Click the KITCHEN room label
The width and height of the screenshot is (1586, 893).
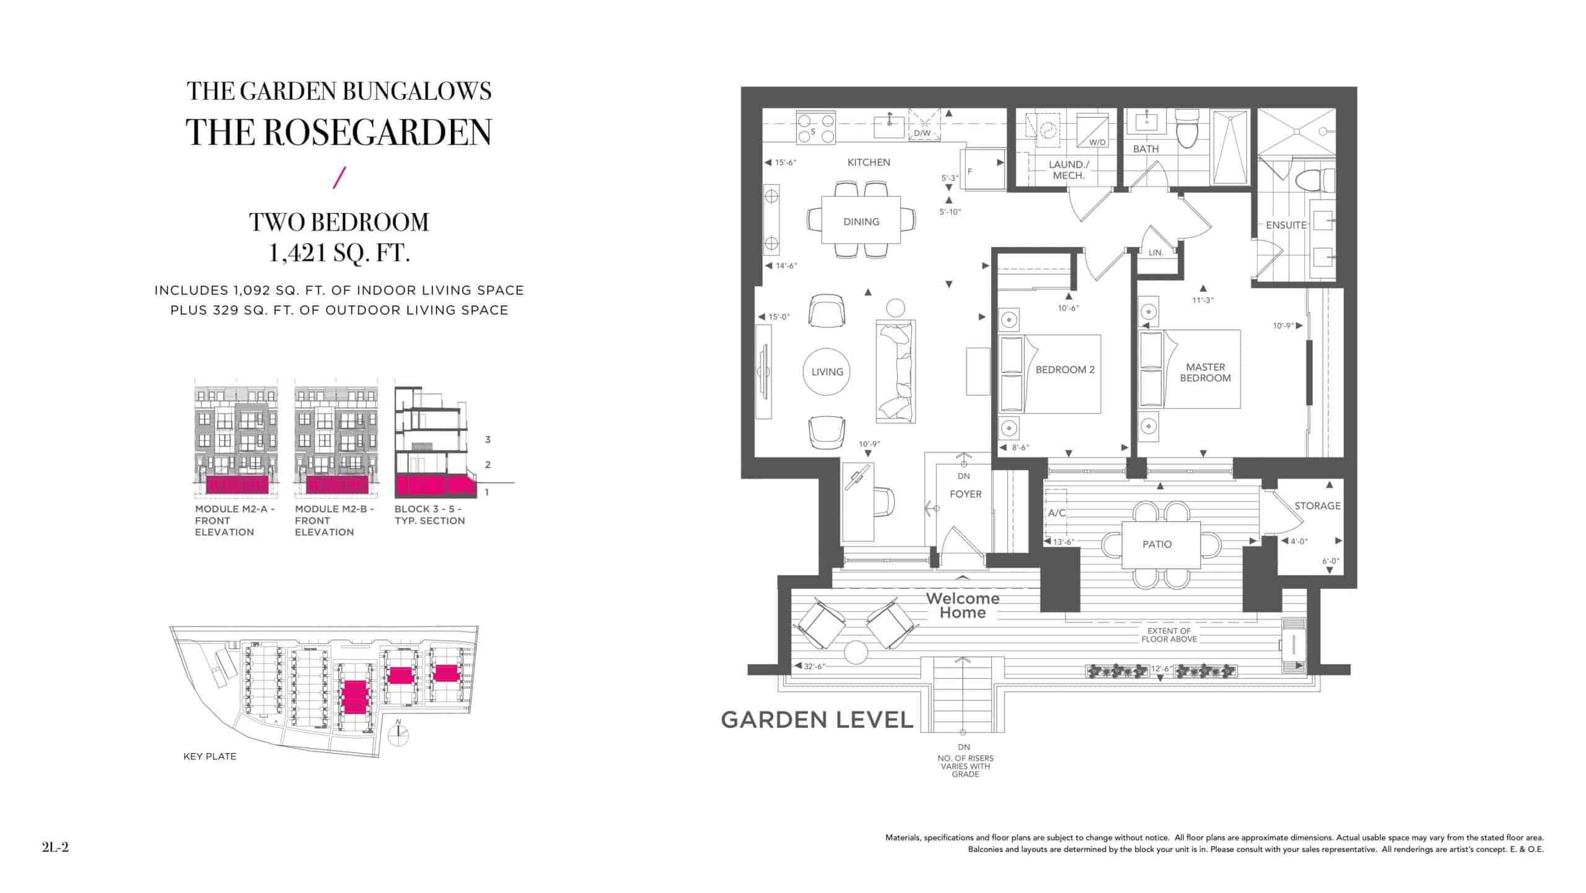869,162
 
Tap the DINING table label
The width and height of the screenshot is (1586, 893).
861,222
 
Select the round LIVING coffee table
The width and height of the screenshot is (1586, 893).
827,372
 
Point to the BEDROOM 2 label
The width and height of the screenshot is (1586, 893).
1065,370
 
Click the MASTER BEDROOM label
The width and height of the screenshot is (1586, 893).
1205,372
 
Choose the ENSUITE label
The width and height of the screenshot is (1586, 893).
1286,225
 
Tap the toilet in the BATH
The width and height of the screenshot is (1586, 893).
1187,129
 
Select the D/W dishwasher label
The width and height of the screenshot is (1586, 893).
922,133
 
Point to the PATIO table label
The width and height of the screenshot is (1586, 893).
1157,544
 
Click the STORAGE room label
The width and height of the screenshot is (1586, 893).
1317,506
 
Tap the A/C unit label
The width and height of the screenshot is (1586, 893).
1056,513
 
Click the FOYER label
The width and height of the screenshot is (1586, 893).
965,494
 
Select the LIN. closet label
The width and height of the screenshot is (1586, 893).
1155,253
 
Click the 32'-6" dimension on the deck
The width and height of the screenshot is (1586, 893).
815,666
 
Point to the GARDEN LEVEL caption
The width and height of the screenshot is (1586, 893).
817,720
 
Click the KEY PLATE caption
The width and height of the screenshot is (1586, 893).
209,756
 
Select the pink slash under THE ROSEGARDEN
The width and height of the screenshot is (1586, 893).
338,177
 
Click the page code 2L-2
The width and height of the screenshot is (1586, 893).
55,847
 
